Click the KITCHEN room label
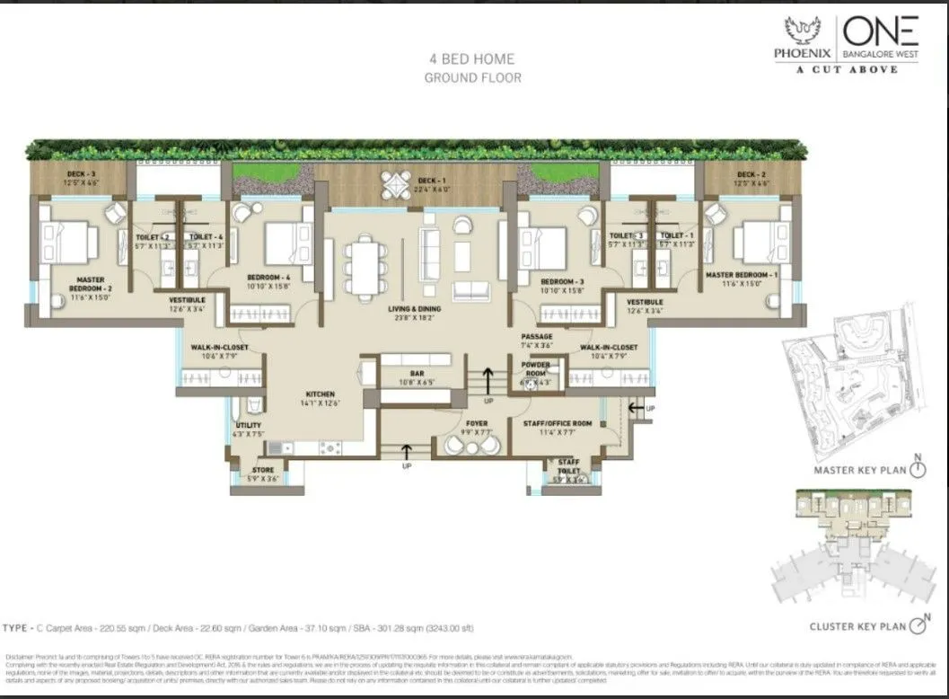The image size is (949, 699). [321, 394]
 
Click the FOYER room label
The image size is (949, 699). [476, 422]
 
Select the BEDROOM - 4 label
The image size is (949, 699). [269, 278]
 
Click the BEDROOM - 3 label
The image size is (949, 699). [563, 281]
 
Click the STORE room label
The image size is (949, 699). [263, 469]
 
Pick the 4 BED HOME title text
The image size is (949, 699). [472, 59]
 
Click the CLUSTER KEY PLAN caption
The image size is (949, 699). [857, 625]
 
